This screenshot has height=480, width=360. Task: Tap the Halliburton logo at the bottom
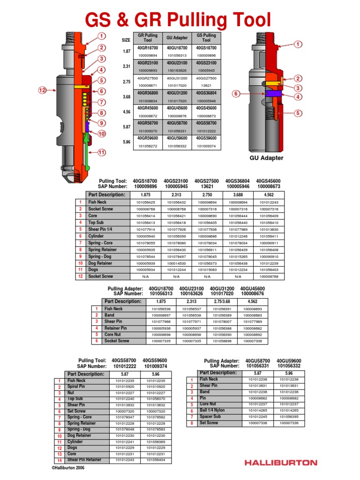(x=280, y=462)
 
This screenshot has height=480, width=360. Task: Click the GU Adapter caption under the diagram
(x=266, y=158)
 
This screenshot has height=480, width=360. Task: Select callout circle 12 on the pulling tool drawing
(x=43, y=90)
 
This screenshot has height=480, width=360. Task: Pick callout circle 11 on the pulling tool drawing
(x=102, y=152)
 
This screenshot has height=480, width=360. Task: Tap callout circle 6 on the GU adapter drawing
(x=237, y=94)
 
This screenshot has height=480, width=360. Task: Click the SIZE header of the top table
(x=126, y=40)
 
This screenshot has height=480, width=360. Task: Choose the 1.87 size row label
(x=126, y=51)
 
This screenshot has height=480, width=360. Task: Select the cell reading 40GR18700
(x=148, y=48)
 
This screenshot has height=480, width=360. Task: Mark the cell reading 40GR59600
(x=148, y=139)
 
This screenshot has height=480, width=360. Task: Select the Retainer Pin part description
(x=116, y=329)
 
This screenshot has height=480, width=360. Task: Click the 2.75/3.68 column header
(x=222, y=301)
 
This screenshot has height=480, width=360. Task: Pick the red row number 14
(x=60, y=461)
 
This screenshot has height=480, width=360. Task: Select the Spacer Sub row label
(x=210, y=416)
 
